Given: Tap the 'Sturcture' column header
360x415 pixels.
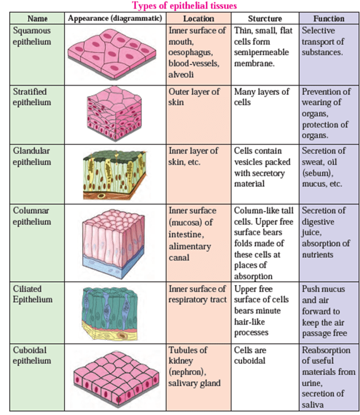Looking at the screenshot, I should (265, 19).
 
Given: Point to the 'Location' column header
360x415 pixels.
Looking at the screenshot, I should (198, 19).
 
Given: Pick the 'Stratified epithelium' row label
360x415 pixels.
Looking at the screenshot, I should (32, 97).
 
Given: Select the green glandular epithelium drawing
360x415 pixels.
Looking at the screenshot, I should (115, 174).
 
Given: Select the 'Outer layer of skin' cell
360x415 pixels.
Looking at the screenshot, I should (194, 97).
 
